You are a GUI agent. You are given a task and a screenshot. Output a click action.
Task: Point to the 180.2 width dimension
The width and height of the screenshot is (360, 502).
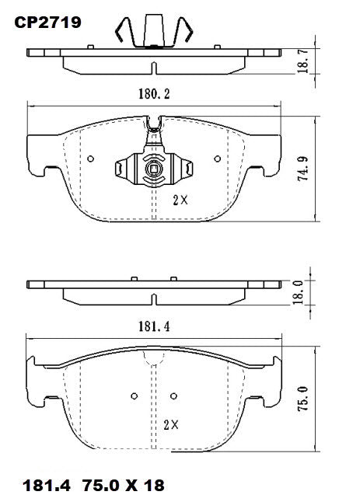coord(154,94)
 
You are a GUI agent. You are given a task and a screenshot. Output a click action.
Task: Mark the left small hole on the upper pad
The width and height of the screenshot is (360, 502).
coord(91,160)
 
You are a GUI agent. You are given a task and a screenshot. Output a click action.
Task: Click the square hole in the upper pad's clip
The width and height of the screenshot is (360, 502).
coord(154,169)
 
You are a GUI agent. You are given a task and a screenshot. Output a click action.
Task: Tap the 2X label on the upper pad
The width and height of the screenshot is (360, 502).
coord(180,200)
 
